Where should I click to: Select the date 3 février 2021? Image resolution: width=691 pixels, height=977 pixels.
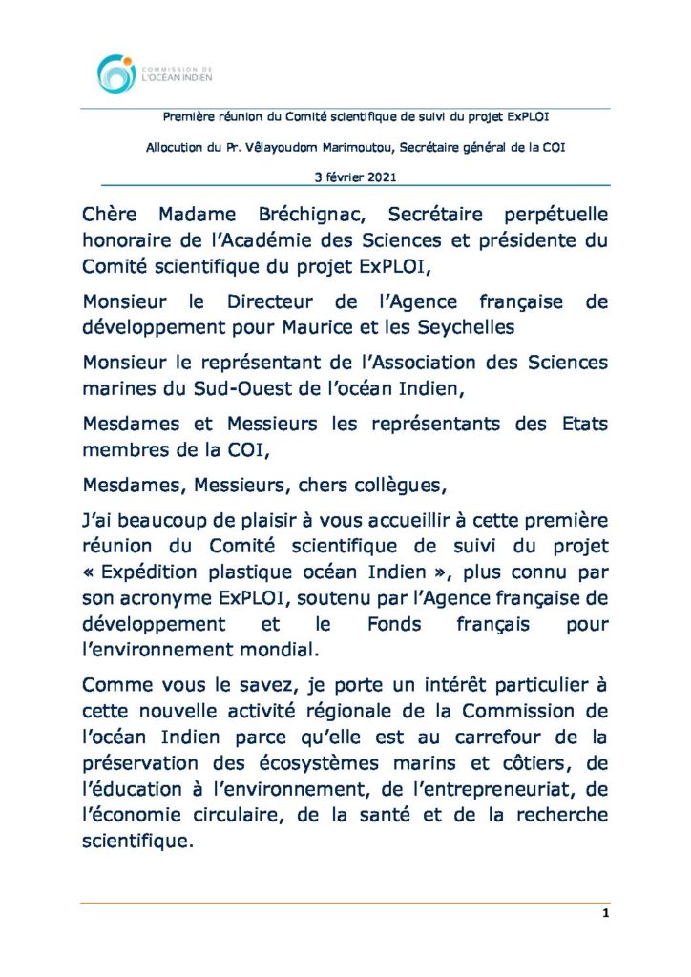(355, 177)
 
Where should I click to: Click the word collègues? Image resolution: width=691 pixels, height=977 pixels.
(392, 484)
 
